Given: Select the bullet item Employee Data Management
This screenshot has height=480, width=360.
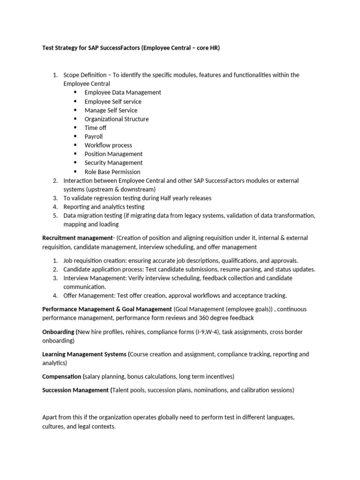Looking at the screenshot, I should [x=123, y=92].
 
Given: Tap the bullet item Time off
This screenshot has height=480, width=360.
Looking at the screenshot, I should [x=95, y=127].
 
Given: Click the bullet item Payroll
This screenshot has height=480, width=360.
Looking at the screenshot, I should [x=93, y=136].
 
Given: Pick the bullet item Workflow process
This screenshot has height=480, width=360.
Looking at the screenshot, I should [x=108, y=145].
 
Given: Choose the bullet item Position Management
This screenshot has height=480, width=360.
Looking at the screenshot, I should [x=113, y=154].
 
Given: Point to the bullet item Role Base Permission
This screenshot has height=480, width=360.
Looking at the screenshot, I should [x=112, y=172].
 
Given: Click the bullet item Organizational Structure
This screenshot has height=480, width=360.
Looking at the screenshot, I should [x=116, y=119].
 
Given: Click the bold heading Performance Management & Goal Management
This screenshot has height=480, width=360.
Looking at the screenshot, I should [x=107, y=309].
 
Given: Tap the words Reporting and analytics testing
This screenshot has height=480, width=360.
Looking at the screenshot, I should [x=104, y=207].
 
